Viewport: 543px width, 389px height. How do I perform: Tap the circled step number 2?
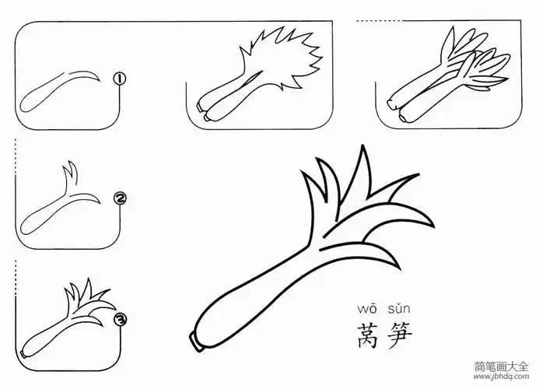[x=120, y=199]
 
